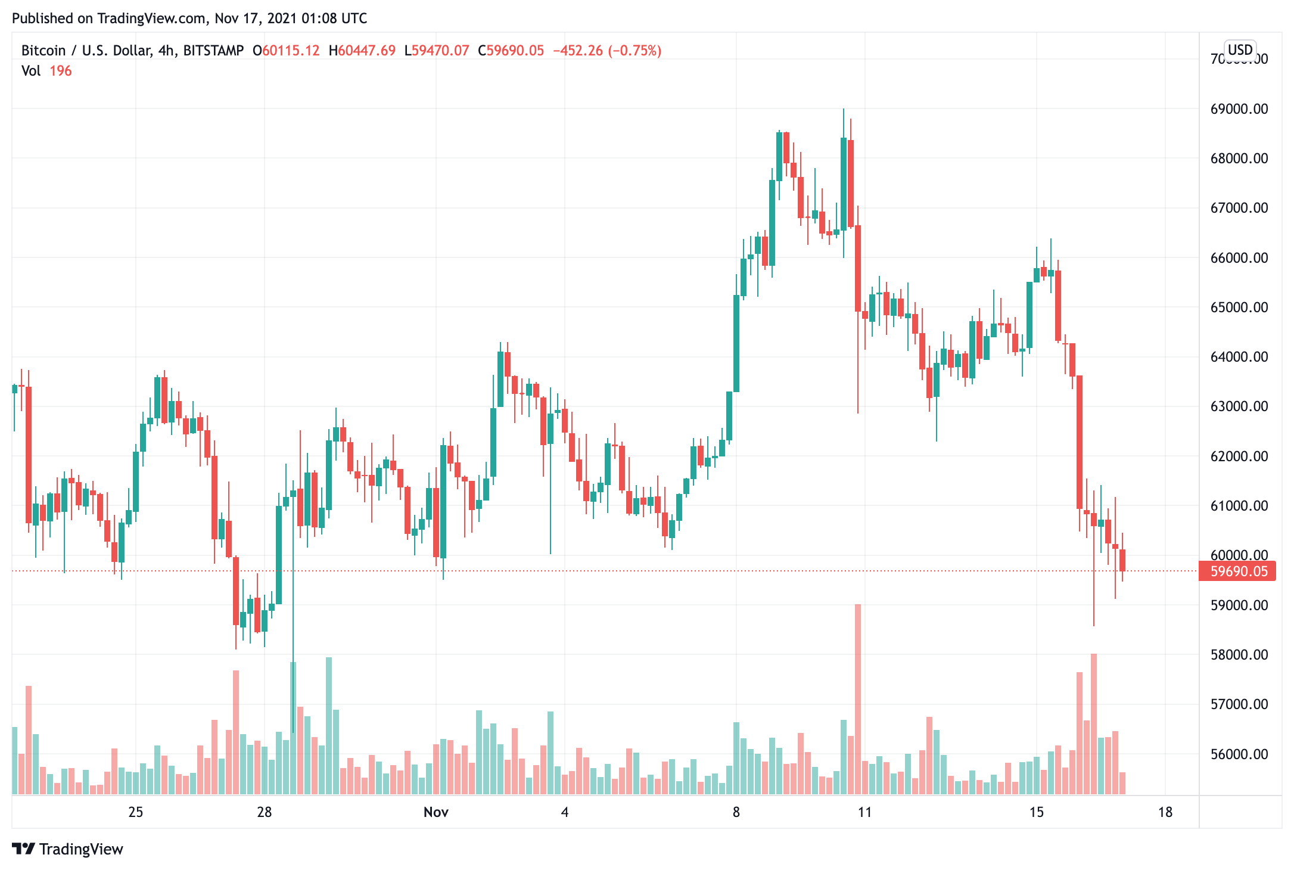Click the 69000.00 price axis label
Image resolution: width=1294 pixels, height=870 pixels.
point(1239,109)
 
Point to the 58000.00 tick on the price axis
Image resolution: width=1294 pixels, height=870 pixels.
point(1239,655)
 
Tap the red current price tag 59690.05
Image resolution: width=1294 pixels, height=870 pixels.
point(1239,571)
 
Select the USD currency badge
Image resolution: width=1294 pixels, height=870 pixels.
point(1240,50)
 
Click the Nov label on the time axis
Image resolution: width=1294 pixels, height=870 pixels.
point(436,812)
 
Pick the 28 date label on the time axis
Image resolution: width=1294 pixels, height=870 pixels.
point(264,812)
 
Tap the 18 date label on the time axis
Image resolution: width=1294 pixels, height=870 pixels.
point(1165,812)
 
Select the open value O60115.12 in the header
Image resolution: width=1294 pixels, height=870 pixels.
point(286,51)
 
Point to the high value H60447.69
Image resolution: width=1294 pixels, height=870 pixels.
point(362,51)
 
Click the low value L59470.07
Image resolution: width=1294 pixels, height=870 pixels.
point(437,51)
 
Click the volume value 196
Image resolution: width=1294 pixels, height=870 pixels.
point(60,71)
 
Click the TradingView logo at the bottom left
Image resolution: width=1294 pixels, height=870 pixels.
point(67,849)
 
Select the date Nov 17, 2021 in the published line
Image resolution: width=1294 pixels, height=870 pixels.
point(255,18)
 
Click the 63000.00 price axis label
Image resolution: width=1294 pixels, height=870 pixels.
point(1239,406)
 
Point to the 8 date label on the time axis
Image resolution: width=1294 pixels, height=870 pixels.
point(736,812)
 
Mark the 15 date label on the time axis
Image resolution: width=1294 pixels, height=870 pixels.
point(1036,812)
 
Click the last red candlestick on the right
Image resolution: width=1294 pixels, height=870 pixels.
point(1122,560)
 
